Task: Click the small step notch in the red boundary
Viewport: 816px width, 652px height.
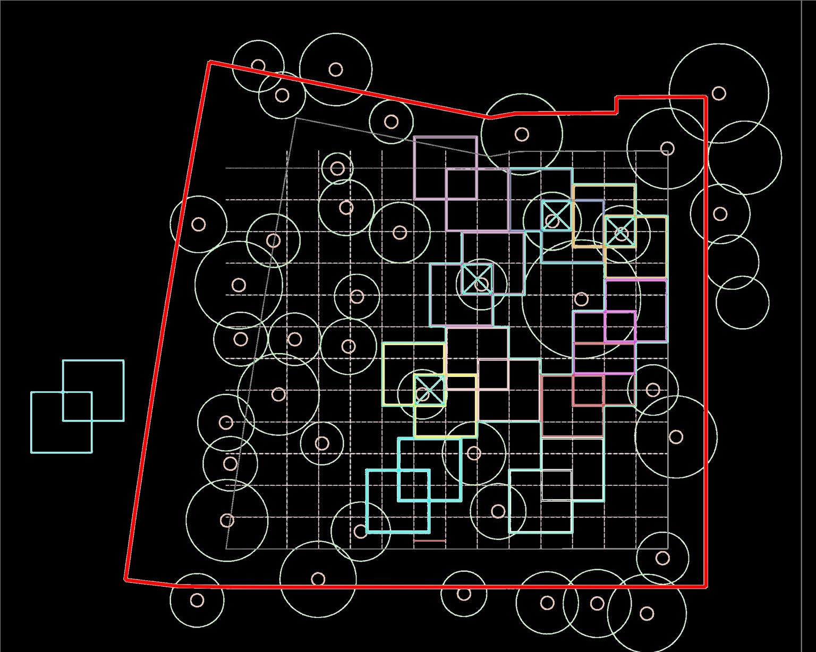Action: point(616,105)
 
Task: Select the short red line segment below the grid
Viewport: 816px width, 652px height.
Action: point(429,541)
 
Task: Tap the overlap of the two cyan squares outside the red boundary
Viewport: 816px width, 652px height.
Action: point(78,407)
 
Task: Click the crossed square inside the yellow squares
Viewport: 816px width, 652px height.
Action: point(429,391)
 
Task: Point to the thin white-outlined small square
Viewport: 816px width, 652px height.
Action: point(557,485)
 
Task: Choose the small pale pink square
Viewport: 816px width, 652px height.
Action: point(493,374)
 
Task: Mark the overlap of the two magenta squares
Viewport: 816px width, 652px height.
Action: point(620,327)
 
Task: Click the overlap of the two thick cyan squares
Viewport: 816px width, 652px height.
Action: point(414,485)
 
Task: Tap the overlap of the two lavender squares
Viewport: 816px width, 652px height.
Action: point(461,184)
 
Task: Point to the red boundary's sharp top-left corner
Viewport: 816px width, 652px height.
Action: point(210,62)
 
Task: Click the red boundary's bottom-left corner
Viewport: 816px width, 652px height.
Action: point(126,580)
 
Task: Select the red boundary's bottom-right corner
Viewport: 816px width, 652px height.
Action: point(706,586)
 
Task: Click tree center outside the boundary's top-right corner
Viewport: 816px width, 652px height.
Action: point(719,93)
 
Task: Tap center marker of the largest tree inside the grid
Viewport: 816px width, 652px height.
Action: point(582,299)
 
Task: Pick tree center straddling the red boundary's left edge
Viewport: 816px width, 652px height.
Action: point(198,224)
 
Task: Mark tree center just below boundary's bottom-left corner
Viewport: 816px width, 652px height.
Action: point(197,600)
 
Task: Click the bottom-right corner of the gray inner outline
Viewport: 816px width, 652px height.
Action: point(667,548)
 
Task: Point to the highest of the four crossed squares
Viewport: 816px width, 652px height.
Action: point(557,216)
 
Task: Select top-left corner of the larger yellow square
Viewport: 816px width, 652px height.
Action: point(383,344)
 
